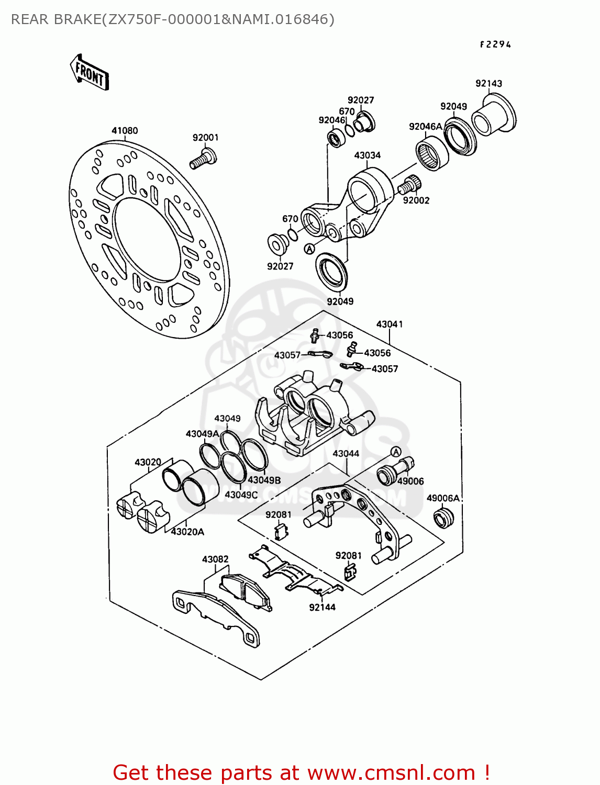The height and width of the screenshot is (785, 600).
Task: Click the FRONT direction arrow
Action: [90, 73]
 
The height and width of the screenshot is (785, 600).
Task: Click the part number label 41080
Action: [125, 130]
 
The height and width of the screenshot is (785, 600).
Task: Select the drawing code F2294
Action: [495, 44]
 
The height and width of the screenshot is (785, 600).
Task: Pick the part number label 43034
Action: [368, 155]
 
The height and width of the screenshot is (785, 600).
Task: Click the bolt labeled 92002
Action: [409, 185]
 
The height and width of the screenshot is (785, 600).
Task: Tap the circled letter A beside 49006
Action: [396, 452]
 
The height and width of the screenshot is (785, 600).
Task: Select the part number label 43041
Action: [390, 324]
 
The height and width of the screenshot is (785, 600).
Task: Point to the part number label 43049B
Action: [264, 480]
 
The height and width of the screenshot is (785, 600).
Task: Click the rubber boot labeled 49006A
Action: [443, 519]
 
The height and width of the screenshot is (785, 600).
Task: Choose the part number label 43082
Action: [215, 559]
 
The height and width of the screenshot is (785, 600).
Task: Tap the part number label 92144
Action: [322, 607]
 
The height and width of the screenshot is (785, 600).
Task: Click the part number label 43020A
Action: [187, 532]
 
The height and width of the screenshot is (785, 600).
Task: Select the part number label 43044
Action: [346, 454]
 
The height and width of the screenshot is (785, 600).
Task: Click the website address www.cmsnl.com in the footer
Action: [391, 772]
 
